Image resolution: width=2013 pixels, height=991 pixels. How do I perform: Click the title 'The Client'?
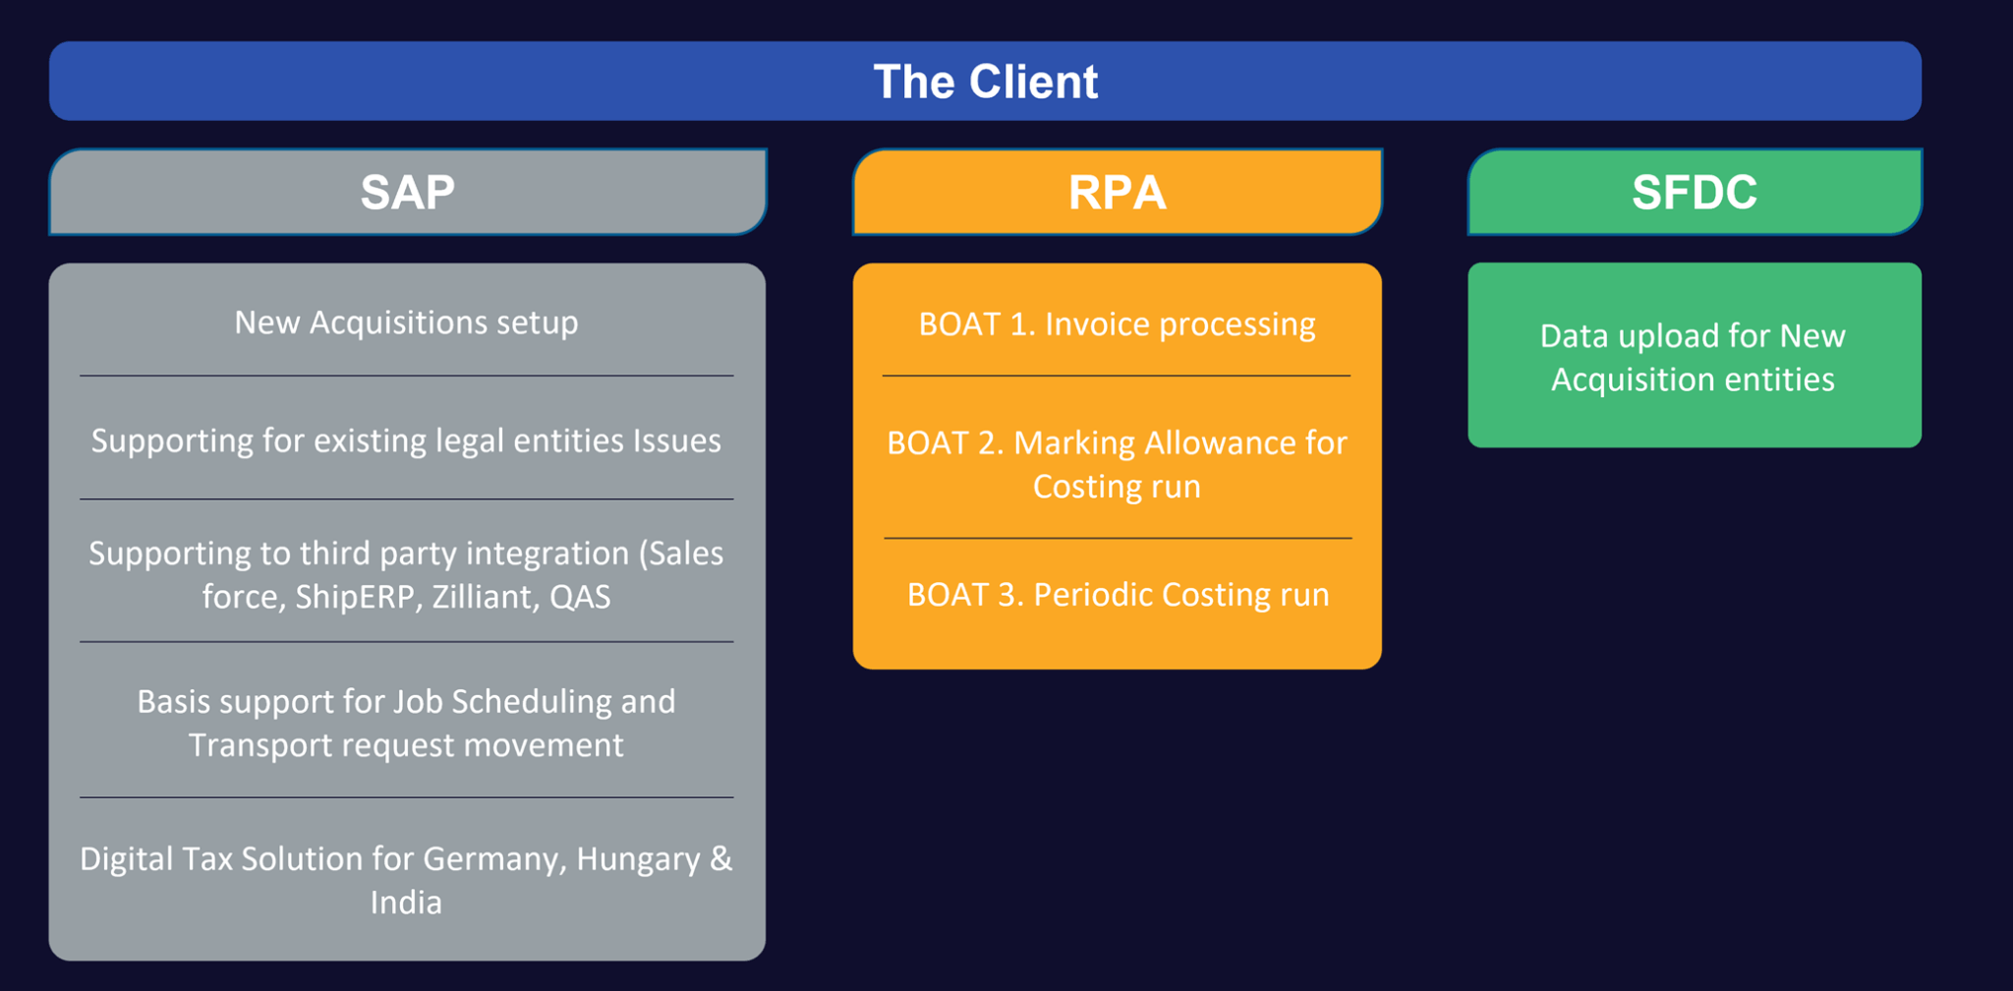(985, 82)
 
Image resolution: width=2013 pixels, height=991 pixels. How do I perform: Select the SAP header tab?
(408, 192)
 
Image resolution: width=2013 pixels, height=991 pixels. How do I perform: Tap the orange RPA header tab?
(1118, 192)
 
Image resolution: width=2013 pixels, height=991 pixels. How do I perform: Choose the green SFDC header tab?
(1695, 192)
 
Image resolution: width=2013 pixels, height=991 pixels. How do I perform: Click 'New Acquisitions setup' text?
(406, 322)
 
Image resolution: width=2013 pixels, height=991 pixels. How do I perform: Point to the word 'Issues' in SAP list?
(677, 440)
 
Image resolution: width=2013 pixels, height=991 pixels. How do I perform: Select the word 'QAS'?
(580, 597)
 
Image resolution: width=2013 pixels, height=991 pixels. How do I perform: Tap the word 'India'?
(406, 903)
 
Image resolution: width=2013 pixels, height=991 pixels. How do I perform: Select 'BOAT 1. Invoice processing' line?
(1117, 324)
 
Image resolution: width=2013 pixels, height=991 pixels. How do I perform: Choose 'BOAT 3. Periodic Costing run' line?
(1118, 595)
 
